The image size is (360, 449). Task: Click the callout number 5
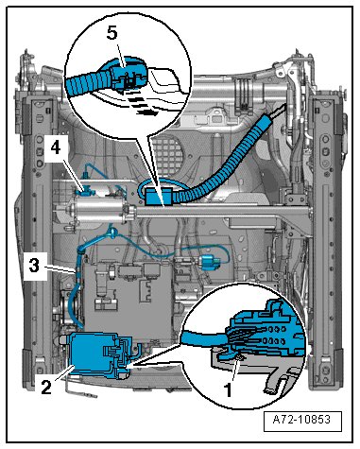111,33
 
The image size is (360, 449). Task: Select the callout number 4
56,147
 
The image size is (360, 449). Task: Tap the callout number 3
34,265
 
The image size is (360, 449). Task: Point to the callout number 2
46,387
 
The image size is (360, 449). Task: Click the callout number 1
228,389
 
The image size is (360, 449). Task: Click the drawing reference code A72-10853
302,420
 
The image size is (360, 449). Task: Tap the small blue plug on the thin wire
209,263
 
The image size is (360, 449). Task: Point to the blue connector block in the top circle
128,76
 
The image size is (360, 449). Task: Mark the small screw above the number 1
239,357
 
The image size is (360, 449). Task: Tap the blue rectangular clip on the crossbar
159,196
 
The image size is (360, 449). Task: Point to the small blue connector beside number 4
83,192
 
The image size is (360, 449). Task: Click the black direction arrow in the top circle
140,104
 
